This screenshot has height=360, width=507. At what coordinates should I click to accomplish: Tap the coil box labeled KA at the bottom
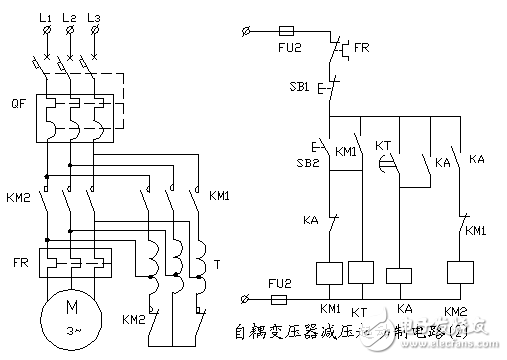pos(402,275)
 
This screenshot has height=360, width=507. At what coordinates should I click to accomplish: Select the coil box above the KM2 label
pos(462,272)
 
